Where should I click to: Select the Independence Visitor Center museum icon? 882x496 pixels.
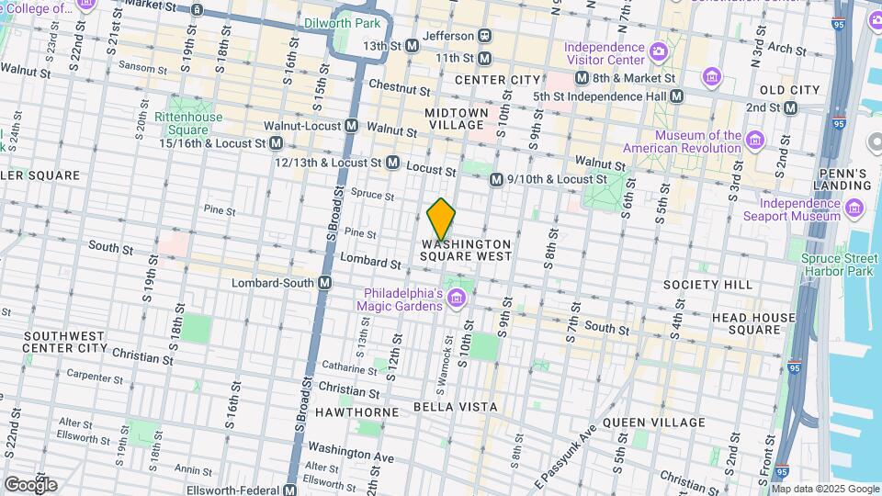[x=658, y=50]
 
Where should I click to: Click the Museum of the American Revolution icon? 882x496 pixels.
[x=755, y=140]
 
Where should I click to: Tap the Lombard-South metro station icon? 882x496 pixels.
[x=324, y=284]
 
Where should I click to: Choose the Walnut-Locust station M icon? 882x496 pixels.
[x=351, y=126]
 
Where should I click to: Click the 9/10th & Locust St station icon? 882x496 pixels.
[x=496, y=180]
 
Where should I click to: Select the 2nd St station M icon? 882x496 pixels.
[x=789, y=107]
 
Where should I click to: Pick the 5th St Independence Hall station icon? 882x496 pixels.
[x=676, y=96]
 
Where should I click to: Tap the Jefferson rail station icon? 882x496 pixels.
[x=484, y=36]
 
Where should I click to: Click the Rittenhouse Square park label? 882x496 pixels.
[x=187, y=123]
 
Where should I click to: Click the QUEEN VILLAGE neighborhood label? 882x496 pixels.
[x=654, y=423]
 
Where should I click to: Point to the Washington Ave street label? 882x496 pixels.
[x=351, y=452]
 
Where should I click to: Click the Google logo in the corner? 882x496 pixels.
[x=30, y=483]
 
